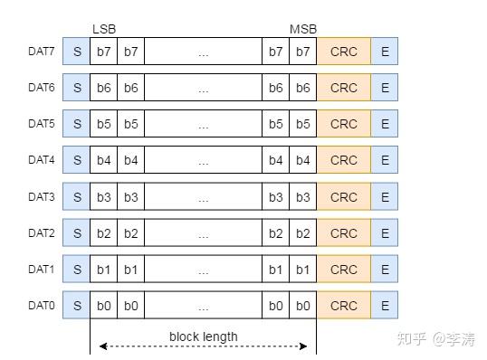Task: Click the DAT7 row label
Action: [42, 51]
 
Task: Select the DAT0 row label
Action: [42, 306]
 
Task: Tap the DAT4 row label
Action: [42, 160]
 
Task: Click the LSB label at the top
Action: [104, 30]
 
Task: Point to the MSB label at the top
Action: [303, 30]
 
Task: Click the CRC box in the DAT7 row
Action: [344, 52]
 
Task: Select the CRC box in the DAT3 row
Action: [344, 197]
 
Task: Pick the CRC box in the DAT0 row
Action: [344, 306]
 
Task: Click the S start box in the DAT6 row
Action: [77, 88]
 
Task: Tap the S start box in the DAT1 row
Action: [77, 270]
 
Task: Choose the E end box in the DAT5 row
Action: [385, 124]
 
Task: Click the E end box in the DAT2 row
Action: [385, 233]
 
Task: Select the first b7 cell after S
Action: [104, 52]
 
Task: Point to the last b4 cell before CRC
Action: [303, 161]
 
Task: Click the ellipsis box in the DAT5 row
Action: [203, 124]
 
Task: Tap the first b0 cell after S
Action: [104, 306]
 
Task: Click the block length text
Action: [203, 336]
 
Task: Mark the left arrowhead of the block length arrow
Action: [102, 346]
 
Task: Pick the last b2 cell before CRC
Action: [303, 233]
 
